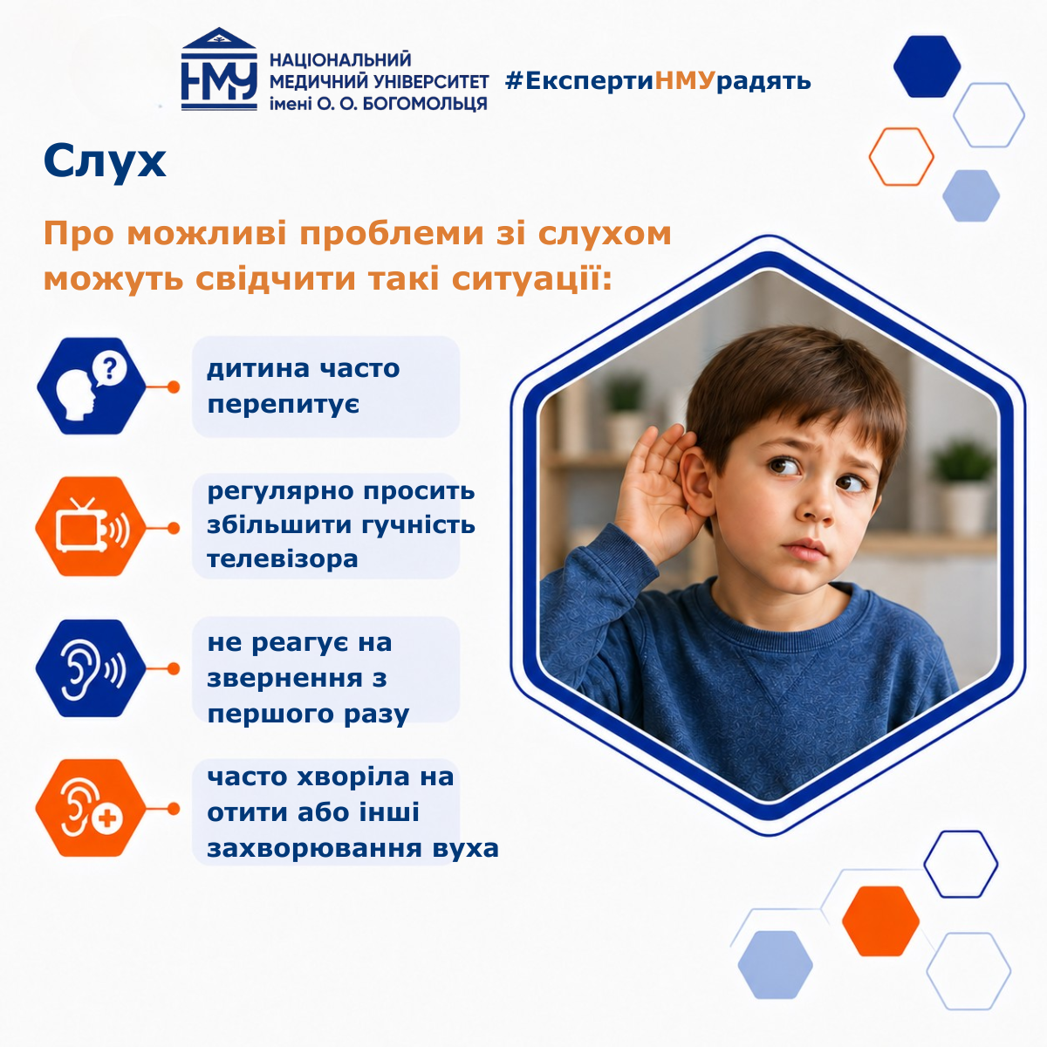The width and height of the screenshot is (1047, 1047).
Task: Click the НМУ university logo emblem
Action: tap(219, 69)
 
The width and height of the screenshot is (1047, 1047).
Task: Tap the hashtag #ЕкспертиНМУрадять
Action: tap(658, 81)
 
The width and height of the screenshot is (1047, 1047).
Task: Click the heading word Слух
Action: tap(105, 161)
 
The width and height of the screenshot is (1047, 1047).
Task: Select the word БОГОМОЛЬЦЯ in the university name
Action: tap(424, 103)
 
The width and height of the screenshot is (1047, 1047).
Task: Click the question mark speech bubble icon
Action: tap(109, 369)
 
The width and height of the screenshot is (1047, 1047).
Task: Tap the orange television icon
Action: tap(91, 526)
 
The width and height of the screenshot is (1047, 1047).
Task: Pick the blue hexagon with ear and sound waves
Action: tap(91, 668)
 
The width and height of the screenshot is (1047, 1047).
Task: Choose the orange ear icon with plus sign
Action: tap(91, 808)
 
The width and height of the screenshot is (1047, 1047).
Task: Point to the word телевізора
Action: tap(283, 558)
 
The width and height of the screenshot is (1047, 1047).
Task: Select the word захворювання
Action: tap(315, 848)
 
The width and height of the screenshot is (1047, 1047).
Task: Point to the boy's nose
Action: tap(816, 505)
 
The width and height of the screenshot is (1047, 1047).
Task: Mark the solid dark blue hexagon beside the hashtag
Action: tap(927, 66)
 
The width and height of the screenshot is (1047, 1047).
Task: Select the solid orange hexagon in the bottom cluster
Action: tap(880, 921)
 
